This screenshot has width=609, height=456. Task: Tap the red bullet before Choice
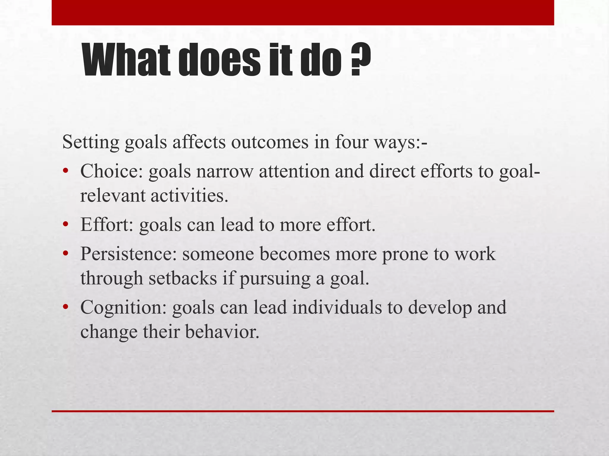(65, 171)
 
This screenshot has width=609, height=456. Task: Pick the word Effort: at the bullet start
(107, 225)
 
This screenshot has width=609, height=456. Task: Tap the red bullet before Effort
(65, 224)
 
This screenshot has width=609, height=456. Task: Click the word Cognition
(123, 307)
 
